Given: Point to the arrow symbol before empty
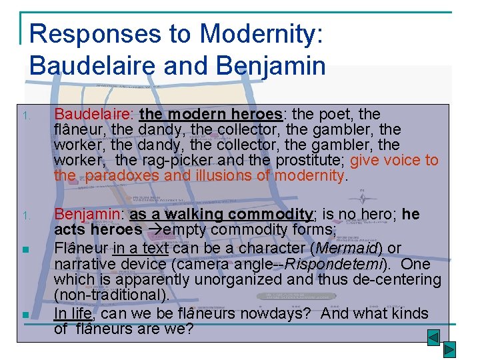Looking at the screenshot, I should [153, 231].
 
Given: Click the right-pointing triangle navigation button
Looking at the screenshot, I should [450, 349].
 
